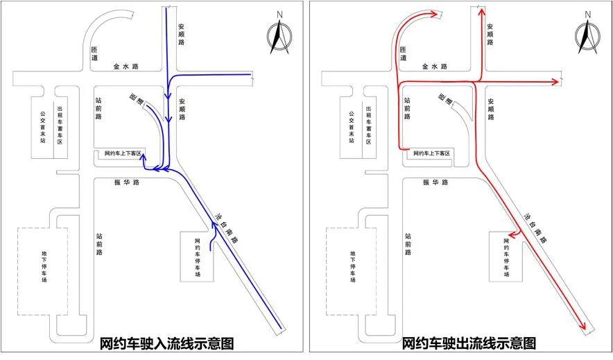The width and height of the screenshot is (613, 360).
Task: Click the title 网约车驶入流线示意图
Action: [x=167, y=343]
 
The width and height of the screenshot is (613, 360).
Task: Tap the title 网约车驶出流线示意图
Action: [x=469, y=343]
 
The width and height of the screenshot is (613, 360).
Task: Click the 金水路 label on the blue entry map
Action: [x=126, y=67]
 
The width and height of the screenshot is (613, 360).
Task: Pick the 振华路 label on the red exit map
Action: [x=435, y=182]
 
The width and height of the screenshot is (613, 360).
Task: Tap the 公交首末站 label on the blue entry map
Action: [x=42, y=127]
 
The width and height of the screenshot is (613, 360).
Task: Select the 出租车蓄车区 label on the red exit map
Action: [x=368, y=125]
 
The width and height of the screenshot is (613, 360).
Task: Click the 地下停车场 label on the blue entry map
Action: [x=44, y=266]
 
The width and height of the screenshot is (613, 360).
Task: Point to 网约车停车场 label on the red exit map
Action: [x=506, y=257]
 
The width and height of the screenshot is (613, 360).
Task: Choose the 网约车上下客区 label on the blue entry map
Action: [x=122, y=153]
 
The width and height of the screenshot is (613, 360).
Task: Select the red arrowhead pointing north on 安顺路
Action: [x=482, y=12]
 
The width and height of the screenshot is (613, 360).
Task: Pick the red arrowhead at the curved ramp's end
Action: [x=434, y=14]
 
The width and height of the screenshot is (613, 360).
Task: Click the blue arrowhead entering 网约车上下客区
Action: [x=143, y=157]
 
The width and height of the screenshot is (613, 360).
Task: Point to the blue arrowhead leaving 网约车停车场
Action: [x=214, y=225]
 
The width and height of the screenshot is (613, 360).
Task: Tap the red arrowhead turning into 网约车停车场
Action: [x=512, y=234]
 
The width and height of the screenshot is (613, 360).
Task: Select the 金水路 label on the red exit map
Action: [x=435, y=67]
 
